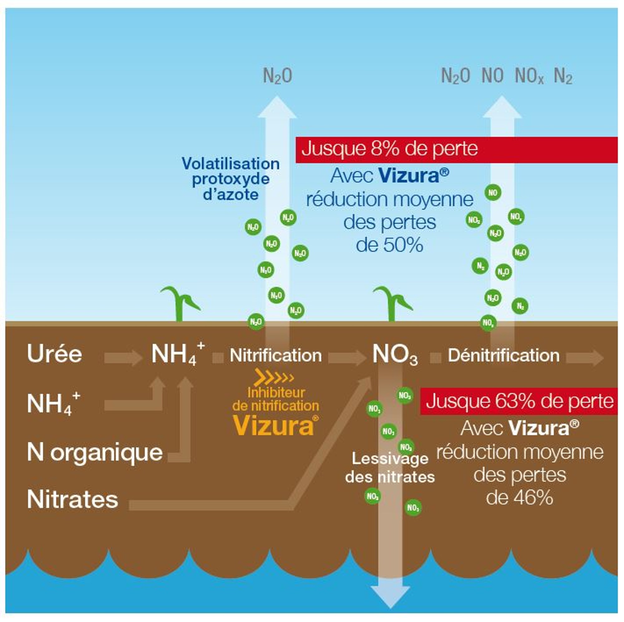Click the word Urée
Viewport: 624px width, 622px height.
pyautogui.click(x=54, y=354)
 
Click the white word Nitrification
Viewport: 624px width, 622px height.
pyautogui.click(x=275, y=356)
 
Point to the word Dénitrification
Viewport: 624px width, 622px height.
pyautogui.click(x=503, y=356)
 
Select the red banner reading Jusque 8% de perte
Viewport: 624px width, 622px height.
pyautogui.click(x=456, y=149)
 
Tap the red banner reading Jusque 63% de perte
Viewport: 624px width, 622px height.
pyautogui.click(x=519, y=402)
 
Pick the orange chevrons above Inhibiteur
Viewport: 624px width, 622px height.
pyautogui.click(x=273, y=377)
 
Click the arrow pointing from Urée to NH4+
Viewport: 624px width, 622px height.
pyautogui.click(x=123, y=358)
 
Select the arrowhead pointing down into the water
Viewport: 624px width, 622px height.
pyautogui.click(x=390, y=596)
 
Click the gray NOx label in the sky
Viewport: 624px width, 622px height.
pyautogui.click(x=529, y=76)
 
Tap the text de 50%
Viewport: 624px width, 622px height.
pyautogui.click(x=389, y=245)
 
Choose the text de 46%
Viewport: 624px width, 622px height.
pyautogui.click(x=519, y=498)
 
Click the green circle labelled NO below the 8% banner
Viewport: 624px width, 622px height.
pyautogui.click(x=493, y=193)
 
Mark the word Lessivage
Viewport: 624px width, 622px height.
pyautogui.click(x=390, y=459)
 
